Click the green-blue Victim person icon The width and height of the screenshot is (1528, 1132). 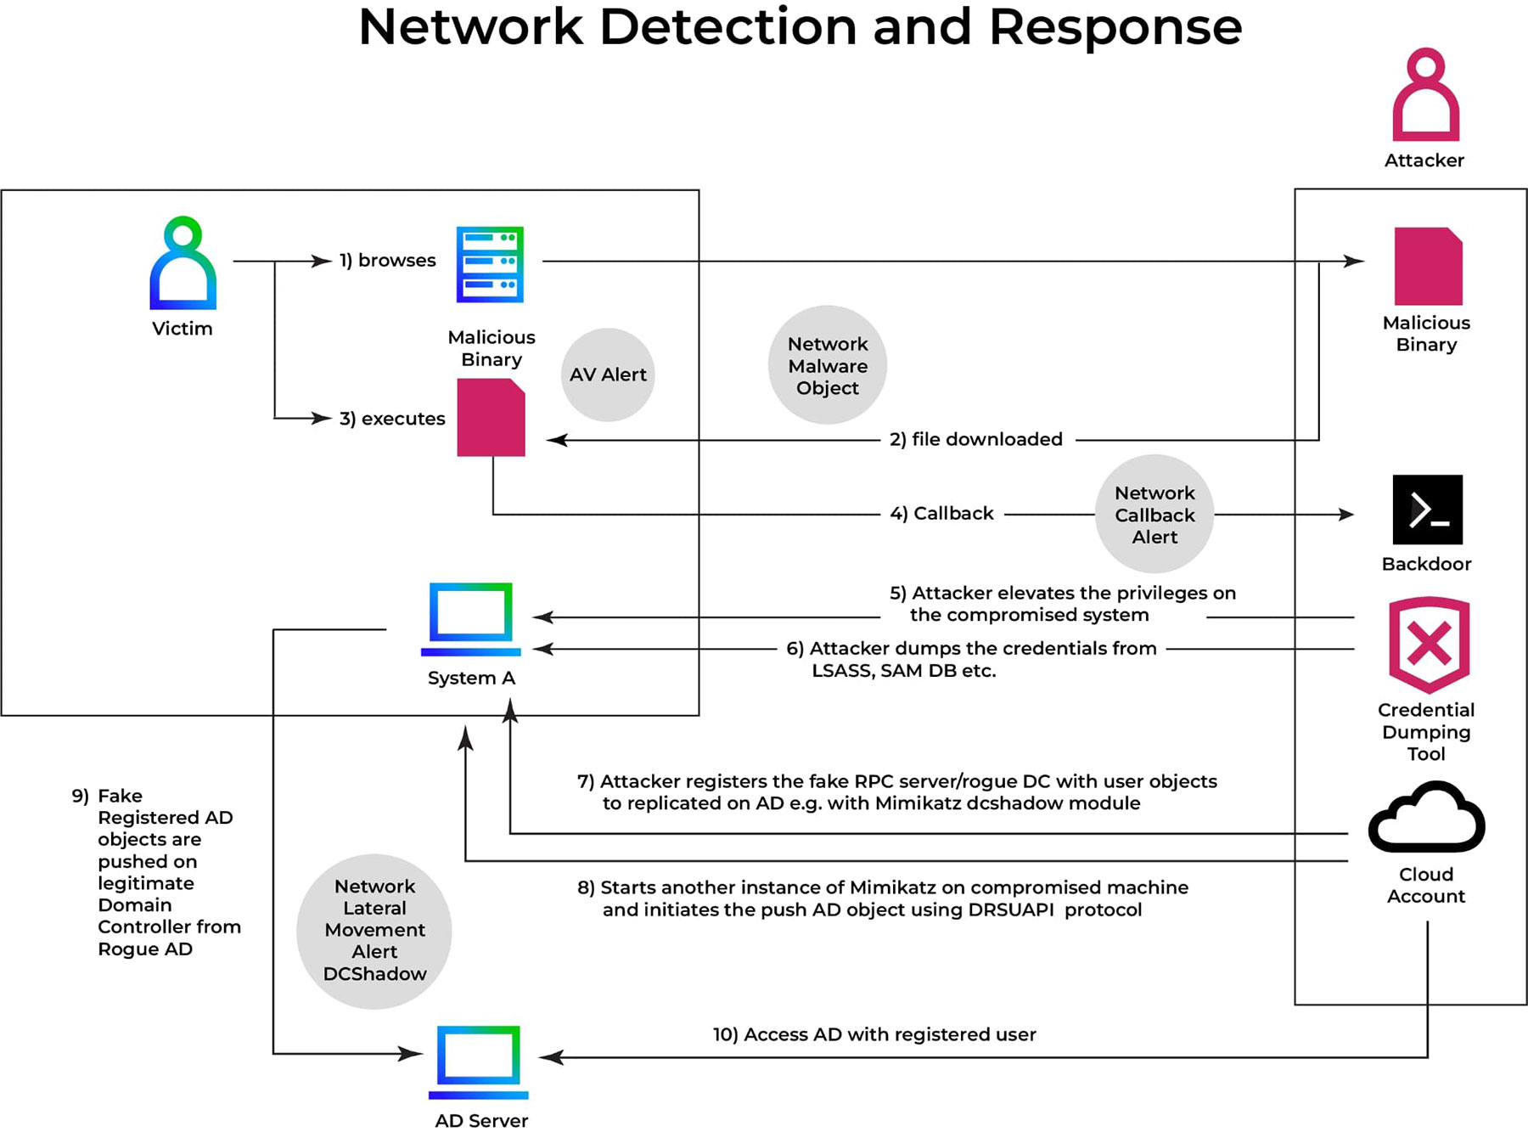point(183,263)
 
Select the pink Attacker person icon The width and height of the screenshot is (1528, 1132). point(1425,95)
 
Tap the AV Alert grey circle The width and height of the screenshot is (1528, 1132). point(608,375)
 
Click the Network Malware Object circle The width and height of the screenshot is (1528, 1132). point(828,365)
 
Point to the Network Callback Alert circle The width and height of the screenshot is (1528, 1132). point(1154,515)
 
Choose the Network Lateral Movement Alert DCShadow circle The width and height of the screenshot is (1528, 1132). point(374,931)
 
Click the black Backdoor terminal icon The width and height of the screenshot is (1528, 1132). point(1427,510)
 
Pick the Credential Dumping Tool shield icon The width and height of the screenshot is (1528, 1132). point(1429,644)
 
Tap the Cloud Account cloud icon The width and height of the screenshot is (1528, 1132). point(1427,819)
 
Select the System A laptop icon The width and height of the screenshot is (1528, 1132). point(471,619)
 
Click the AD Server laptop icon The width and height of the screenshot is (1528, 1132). point(479,1062)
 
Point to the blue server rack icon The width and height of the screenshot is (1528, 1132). point(490,264)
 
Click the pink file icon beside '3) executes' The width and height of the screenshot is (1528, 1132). point(491,418)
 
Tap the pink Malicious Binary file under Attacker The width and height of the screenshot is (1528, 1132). point(1428,266)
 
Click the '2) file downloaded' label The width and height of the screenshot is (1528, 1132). point(976,439)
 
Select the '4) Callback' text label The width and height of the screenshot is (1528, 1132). point(941,514)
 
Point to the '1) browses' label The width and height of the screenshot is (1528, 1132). point(388,261)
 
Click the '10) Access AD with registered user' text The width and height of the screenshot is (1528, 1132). point(874,1034)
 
